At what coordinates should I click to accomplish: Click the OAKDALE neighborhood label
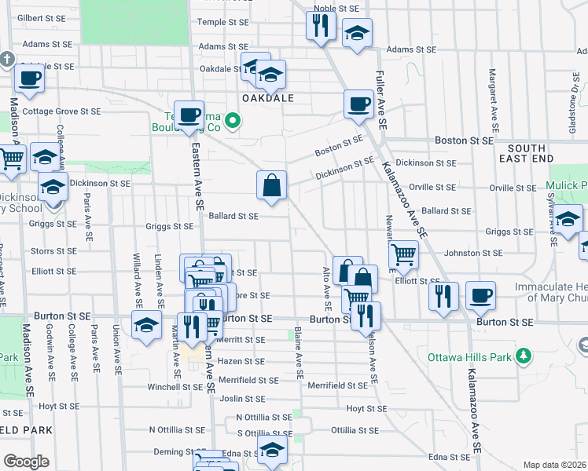click(x=267, y=99)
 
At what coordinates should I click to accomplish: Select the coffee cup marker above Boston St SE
click(x=358, y=104)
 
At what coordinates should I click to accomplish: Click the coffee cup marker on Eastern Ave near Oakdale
click(x=189, y=115)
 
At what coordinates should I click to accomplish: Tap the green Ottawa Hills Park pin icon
click(x=524, y=357)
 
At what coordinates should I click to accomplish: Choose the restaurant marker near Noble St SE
click(x=321, y=25)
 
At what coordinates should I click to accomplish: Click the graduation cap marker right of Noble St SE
click(x=357, y=34)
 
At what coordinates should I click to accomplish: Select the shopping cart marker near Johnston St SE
click(x=403, y=254)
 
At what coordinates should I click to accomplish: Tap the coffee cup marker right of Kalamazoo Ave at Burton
click(x=480, y=295)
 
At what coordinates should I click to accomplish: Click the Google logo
click(x=26, y=462)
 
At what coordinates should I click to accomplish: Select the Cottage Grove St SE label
click(x=61, y=111)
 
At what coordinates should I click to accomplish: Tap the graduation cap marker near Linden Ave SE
click(x=146, y=324)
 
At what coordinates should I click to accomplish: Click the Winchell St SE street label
click(x=176, y=387)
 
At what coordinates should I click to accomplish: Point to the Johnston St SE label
click(x=472, y=254)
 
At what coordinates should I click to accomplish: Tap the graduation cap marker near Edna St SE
click(x=272, y=450)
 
